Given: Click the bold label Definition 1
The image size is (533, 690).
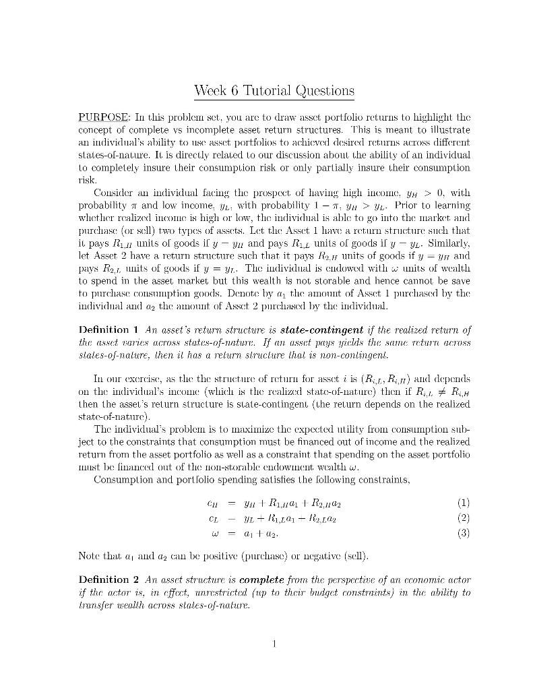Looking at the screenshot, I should click(108, 330).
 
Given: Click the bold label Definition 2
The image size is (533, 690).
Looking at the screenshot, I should click(108, 579).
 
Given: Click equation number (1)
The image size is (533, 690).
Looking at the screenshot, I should click(463, 503).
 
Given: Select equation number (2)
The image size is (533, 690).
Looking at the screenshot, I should click(463, 518).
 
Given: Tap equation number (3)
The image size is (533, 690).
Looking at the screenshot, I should click(463, 533).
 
